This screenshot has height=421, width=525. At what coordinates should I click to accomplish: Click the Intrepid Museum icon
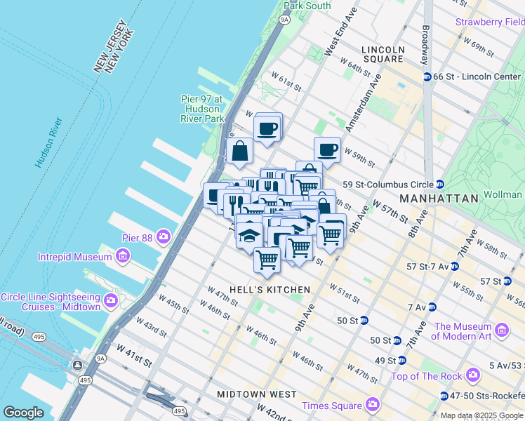[x=123, y=256]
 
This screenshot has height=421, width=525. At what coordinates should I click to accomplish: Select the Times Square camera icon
[x=372, y=405]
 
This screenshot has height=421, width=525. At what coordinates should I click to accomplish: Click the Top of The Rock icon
[x=474, y=375]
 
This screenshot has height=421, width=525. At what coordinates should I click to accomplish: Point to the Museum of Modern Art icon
[x=501, y=330]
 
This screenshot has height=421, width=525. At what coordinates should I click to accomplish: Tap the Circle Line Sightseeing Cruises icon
[x=110, y=302]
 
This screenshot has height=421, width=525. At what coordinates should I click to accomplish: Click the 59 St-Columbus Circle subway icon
[x=439, y=185]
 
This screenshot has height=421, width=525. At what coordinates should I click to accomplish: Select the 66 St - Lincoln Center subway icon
[x=426, y=76]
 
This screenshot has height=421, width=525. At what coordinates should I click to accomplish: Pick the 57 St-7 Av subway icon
[x=455, y=267]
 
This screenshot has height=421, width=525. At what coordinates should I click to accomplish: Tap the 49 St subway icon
[x=401, y=361]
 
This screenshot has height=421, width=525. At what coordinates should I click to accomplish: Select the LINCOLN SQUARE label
[x=383, y=55]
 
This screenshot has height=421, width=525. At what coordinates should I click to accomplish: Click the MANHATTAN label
[x=439, y=199]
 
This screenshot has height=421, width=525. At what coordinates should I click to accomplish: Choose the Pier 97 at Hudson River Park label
[x=204, y=109]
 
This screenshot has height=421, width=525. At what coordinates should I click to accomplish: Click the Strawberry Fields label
[x=490, y=22]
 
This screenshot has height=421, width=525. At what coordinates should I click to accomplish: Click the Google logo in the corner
[x=24, y=412]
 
